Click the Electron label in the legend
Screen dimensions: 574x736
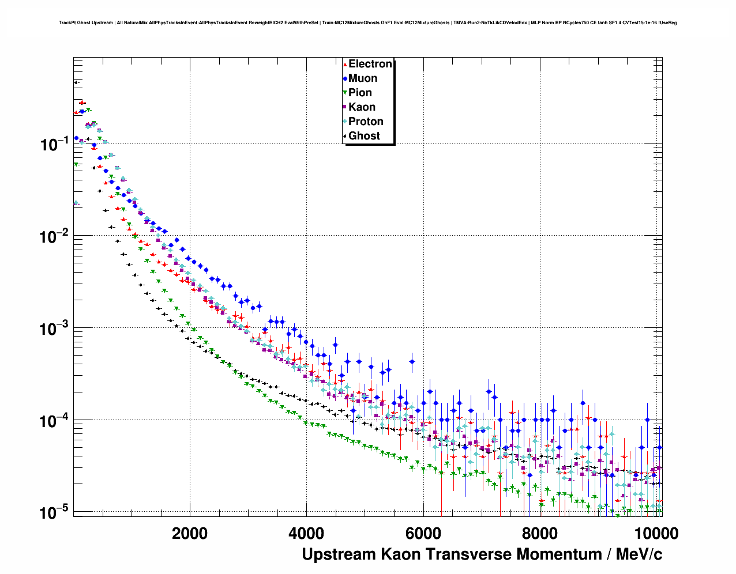(x=370, y=64)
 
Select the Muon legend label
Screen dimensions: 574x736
(x=363, y=78)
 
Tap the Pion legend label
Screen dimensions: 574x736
(x=360, y=93)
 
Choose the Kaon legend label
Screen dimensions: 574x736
(x=362, y=107)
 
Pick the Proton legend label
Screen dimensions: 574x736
(x=366, y=122)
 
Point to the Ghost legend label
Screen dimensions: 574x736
(x=364, y=136)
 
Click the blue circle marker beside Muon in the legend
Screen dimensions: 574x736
(x=345, y=78)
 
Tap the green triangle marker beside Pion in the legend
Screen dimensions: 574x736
(x=345, y=93)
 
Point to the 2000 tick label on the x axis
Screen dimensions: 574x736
(x=190, y=533)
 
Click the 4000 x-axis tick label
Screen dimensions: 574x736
(x=306, y=533)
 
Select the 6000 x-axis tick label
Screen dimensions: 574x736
(x=423, y=533)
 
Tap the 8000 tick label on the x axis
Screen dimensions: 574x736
(x=540, y=533)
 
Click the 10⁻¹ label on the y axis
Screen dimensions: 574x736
(x=55, y=144)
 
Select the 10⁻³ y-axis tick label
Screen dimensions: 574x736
(x=55, y=328)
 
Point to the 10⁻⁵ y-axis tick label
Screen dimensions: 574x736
(x=55, y=512)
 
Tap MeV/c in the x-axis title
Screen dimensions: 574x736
(x=639, y=554)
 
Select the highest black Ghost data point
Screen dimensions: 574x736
(x=76, y=82)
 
